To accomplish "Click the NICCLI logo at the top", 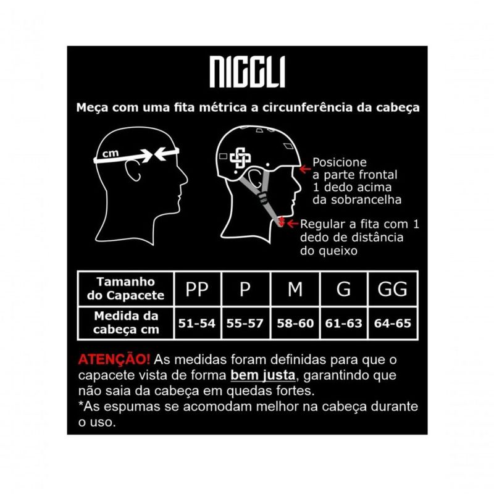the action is pyautogui.click(x=248, y=72).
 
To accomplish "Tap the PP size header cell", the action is pyautogui.click(x=197, y=288).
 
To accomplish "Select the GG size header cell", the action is pyautogui.click(x=393, y=288).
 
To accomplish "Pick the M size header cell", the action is pyautogui.click(x=295, y=288).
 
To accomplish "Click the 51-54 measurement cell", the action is pyautogui.click(x=197, y=323).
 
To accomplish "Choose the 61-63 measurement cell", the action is pyautogui.click(x=344, y=323).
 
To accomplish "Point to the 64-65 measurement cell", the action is pyautogui.click(x=393, y=323).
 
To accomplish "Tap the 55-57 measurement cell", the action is pyautogui.click(x=245, y=323).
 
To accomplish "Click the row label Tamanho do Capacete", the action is pyautogui.click(x=126, y=288).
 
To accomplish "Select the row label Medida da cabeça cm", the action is pyautogui.click(x=126, y=323).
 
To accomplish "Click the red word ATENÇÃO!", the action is pyautogui.click(x=114, y=359).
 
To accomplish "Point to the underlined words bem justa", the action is pyautogui.click(x=263, y=375).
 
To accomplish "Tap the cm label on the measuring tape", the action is pyautogui.click(x=111, y=154).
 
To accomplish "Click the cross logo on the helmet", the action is pyautogui.click(x=240, y=157).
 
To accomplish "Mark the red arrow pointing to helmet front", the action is pyautogui.click(x=305, y=169).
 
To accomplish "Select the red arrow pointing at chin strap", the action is pyautogui.click(x=293, y=224).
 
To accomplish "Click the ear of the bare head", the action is pyautogui.click(x=133, y=170).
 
